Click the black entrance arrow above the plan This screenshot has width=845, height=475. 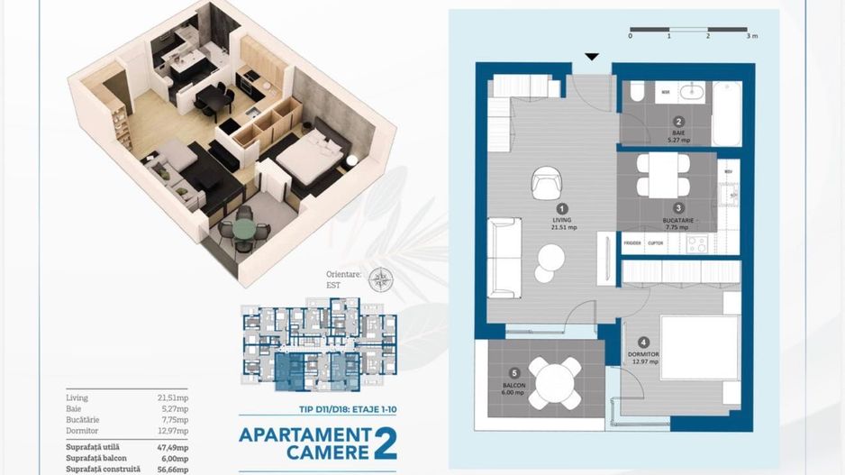click(x=591, y=57)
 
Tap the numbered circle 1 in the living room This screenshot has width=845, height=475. click(x=562, y=207)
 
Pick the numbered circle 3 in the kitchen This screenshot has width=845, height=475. click(x=679, y=207)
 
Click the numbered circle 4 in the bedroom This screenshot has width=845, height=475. click(x=643, y=343)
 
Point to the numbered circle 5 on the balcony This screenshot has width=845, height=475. click(x=513, y=372)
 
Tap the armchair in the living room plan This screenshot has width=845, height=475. click(x=546, y=183)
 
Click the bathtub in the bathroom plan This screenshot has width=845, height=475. click(x=726, y=114)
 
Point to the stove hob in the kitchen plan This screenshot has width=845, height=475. click(x=696, y=243)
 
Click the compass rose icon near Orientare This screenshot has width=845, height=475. click(x=380, y=279)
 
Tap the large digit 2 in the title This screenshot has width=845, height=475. click(x=385, y=443)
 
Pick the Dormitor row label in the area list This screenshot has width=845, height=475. click(x=83, y=431)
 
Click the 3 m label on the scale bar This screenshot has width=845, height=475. click(x=751, y=37)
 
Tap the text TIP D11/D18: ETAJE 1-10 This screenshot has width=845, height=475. click(x=318, y=409)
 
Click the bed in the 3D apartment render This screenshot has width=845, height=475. click(x=308, y=155)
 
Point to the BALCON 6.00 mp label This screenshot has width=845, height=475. click(x=513, y=389)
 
